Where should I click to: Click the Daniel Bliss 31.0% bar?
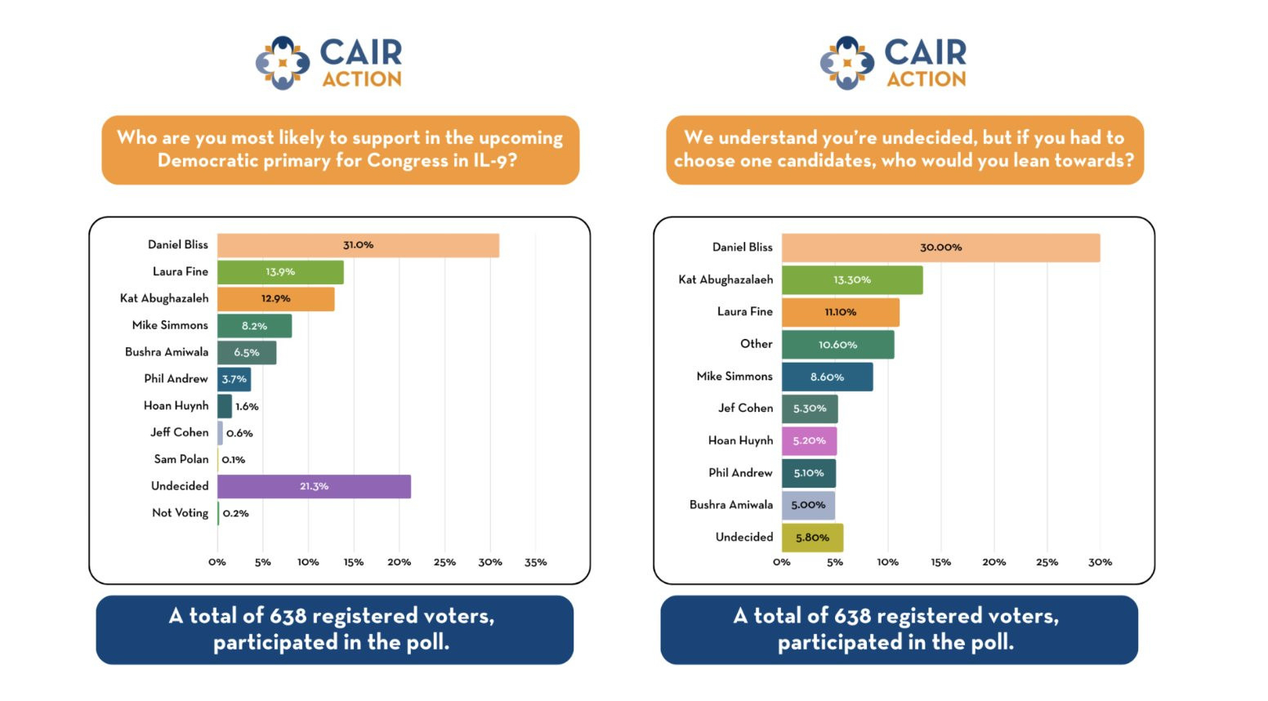point(358,245)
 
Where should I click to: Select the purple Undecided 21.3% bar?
point(314,486)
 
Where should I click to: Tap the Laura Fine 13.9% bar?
point(280,272)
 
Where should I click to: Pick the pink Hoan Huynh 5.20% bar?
point(809,441)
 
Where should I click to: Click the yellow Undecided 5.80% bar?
point(812,538)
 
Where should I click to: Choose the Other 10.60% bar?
point(837,345)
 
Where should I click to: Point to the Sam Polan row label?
point(181,459)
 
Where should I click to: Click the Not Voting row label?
point(180,513)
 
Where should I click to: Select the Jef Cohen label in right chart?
point(745,408)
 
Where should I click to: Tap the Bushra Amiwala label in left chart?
point(167,352)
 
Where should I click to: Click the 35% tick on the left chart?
point(536,562)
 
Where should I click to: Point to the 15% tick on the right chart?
point(941,562)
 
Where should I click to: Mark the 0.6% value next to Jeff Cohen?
point(239,433)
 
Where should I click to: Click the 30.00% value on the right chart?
point(941,248)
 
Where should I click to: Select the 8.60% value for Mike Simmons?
point(827,377)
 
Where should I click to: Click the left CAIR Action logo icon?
point(283,63)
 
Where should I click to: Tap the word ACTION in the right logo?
point(926,79)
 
